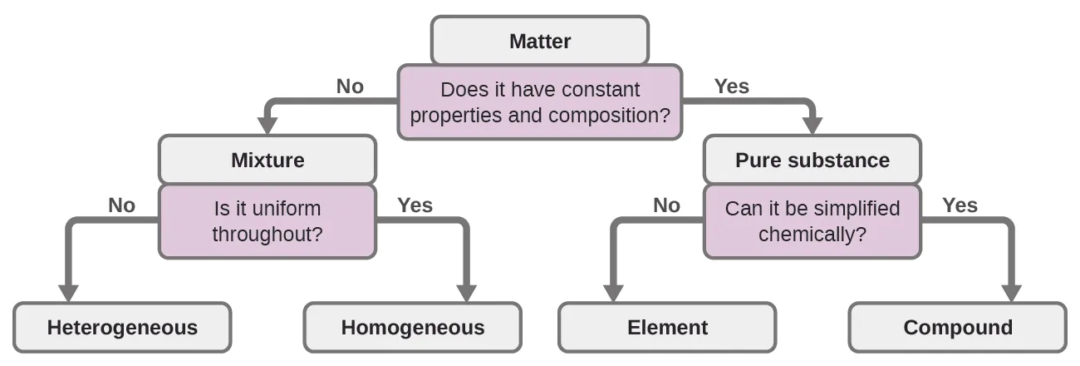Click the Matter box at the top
(539, 41)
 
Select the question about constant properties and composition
(539, 101)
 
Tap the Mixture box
(267, 160)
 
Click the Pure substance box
(812, 160)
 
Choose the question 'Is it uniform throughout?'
(267, 220)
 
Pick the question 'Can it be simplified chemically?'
(812, 220)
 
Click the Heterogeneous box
(122, 328)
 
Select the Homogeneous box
(412, 328)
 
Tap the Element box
(667, 328)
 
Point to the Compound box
(957, 328)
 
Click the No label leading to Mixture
(350, 86)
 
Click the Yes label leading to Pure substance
(731, 86)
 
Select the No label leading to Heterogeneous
(121, 205)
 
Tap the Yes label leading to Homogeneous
(415, 205)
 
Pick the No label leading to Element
(666, 205)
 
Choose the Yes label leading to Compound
(960, 205)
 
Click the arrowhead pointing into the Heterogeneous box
(68, 293)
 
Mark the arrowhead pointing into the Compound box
(1011, 293)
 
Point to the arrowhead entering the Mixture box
(267, 125)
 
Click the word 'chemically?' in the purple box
(812, 234)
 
